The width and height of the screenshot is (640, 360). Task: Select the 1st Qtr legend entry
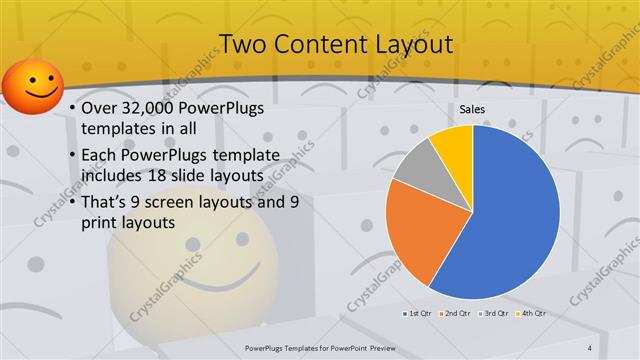click(417, 313)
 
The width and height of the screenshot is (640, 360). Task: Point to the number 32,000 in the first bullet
click(149, 109)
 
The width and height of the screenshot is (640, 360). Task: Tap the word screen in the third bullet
click(191, 202)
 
